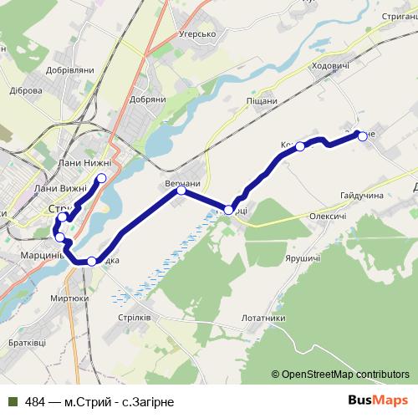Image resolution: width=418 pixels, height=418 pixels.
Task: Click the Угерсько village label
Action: (198, 34)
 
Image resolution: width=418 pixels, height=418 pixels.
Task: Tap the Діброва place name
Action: (25, 90)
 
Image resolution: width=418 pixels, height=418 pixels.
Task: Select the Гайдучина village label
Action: (361, 195)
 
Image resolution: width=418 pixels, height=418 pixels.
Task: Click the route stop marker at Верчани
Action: (181, 191)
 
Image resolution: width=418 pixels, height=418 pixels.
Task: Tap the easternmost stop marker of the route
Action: (362, 137)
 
